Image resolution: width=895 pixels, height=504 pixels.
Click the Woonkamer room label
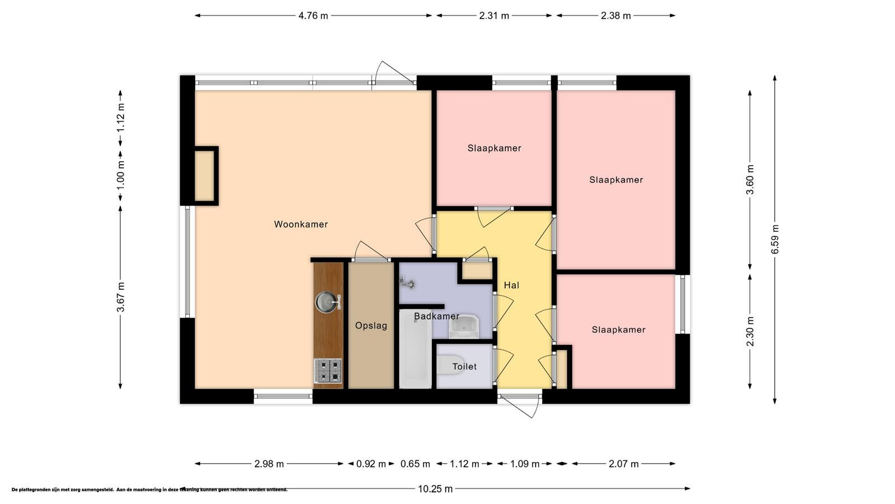point(301,225)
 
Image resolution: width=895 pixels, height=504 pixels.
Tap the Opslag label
point(371,325)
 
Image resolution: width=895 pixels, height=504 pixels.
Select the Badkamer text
point(436,316)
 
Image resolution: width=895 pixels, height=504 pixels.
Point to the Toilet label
point(464,366)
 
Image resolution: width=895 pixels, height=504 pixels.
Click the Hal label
point(511,285)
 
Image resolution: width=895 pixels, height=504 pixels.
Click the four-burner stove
point(328,370)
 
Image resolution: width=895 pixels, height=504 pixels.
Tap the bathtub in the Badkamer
point(416,348)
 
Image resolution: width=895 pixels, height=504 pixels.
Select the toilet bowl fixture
point(450,365)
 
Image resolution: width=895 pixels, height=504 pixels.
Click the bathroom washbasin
point(464,326)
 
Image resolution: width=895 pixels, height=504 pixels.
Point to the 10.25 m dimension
point(435,489)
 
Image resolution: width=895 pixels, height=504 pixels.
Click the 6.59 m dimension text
point(775,239)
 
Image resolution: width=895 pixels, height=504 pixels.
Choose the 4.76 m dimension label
point(313,16)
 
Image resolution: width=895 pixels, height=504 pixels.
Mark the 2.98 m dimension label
point(269,464)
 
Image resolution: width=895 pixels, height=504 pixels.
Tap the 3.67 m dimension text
point(121,297)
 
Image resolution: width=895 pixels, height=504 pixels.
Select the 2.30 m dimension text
point(750,332)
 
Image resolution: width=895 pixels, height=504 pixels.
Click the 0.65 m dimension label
point(415,464)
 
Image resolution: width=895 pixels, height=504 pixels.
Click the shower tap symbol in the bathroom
point(408,283)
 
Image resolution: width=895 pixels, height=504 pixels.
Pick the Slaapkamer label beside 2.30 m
point(619,330)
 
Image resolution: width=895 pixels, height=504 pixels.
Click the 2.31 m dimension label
point(494,16)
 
